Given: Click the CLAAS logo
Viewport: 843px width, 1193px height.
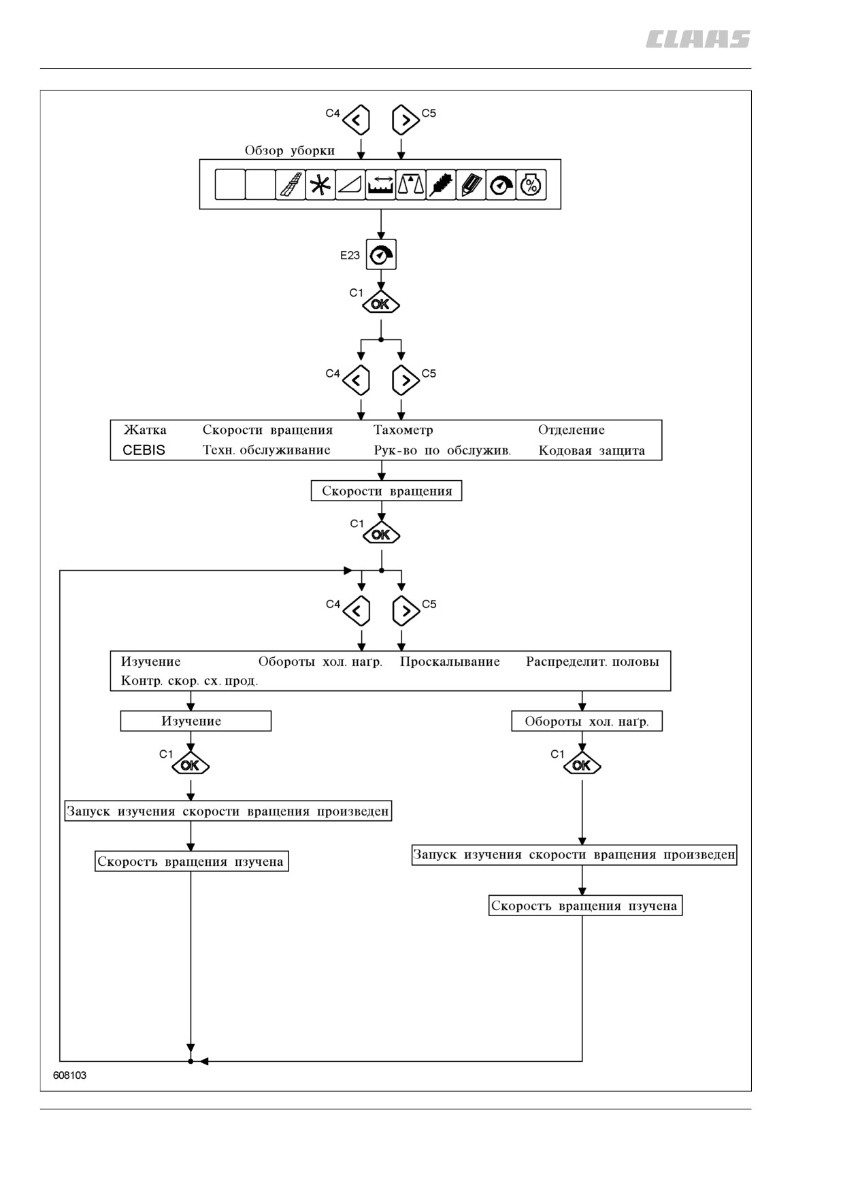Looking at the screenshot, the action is point(697,39).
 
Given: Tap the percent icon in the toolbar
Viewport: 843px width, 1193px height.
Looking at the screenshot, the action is point(531,185).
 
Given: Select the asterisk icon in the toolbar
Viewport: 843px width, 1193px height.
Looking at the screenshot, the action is point(320,185).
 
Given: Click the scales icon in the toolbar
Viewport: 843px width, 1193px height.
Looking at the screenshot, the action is point(410,185).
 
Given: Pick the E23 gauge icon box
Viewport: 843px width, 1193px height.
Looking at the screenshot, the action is point(381,255).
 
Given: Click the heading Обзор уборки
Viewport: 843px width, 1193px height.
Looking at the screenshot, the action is point(290,150).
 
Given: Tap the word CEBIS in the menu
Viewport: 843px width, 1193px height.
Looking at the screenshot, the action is point(144,450).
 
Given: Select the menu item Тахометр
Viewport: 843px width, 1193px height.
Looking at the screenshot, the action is point(403,430).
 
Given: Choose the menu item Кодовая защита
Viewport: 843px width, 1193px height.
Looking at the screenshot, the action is point(591,450).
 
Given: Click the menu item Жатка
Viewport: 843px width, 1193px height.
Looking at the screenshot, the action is point(145,430).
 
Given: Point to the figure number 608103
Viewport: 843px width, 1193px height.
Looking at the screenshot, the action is point(70,1075).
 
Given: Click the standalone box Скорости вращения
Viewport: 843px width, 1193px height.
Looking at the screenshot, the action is point(386,491).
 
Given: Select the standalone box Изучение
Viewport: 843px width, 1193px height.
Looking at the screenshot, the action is point(196,721).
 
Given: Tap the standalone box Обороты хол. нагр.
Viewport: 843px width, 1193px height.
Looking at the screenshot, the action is point(586,721).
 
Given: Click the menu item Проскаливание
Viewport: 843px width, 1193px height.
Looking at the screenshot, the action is point(450,662).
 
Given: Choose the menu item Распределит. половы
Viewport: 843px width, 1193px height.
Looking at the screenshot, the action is point(593,662).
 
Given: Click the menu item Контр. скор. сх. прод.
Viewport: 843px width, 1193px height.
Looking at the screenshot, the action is point(189,681).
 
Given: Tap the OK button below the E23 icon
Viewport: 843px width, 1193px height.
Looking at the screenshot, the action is point(381,303).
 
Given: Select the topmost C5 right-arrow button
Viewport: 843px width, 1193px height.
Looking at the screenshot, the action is point(405,120).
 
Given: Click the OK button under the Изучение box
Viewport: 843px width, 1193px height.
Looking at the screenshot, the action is point(191,765).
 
